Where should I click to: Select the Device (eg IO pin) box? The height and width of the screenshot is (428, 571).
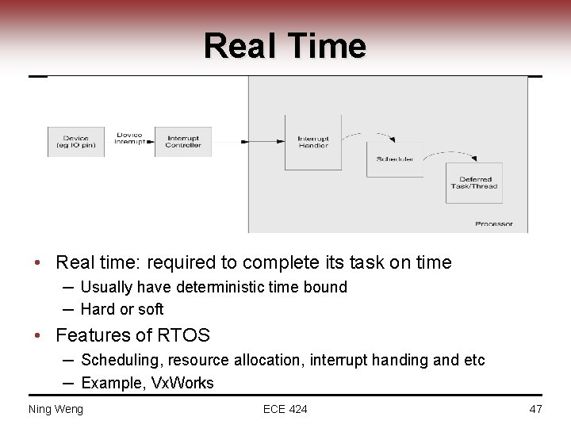pyautogui.click(x=76, y=141)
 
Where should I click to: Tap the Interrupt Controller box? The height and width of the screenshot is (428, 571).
pyautogui.click(x=183, y=141)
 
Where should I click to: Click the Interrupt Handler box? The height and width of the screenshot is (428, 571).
pyautogui.click(x=313, y=142)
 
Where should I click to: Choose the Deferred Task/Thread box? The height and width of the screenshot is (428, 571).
pyautogui.click(x=474, y=183)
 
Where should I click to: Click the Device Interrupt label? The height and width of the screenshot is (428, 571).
pyautogui.click(x=129, y=139)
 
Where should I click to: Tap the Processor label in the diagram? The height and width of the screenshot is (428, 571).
pyautogui.click(x=494, y=224)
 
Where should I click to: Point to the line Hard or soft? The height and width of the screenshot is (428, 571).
pyautogui.click(x=122, y=309)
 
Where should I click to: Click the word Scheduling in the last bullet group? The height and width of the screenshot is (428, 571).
pyautogui.click(x=117, y=361)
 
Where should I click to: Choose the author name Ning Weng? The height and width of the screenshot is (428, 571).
pyautogui.click(x=56, y=409)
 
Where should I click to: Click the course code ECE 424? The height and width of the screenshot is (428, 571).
pyautogui.click(x=285, y=409)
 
